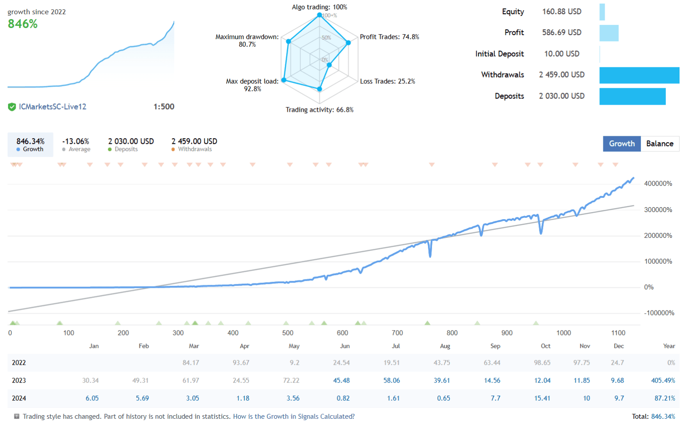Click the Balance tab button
[660, 143]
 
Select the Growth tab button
[622, 143]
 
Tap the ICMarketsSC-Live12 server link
[53, 106]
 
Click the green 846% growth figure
[23, 24]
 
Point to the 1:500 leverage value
[163, 106]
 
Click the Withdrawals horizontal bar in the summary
[639, 75]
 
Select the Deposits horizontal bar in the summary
[632, 96]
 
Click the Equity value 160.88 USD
[562, 12]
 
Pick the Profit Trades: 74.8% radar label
[389, 37]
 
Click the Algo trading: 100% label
[319, 7]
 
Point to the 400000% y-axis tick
[658, 184]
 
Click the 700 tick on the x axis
[397, 333]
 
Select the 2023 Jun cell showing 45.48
[341, 380]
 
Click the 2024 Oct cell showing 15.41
[542, 398]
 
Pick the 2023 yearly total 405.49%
[663, 380]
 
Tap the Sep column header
[495, 346]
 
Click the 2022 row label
[19, 363]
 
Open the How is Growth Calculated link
[294, 417]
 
